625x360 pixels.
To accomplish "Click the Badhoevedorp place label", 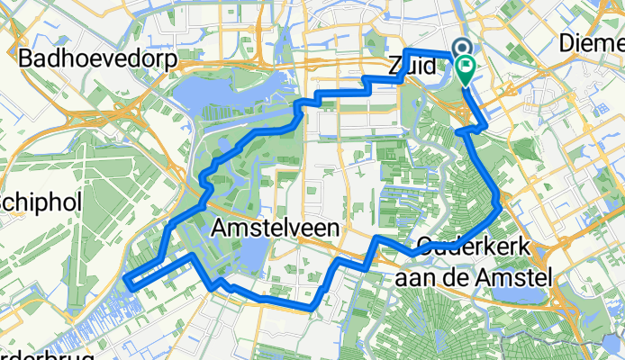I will tap(97, 58).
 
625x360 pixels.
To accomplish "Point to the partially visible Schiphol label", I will tap(41, 201).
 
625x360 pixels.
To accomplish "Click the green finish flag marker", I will tap(466, 67).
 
